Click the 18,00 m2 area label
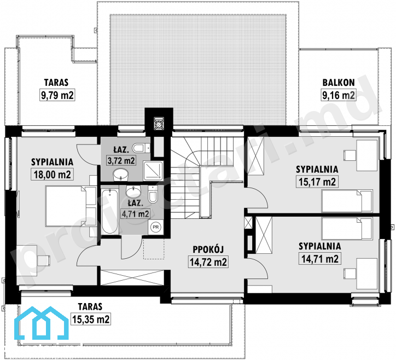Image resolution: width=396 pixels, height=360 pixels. tap(53, 175)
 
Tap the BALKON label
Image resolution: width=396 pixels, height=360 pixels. tap(339, 83)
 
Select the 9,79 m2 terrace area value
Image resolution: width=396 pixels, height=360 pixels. tap(57, 95)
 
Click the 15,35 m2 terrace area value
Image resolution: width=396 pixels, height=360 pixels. tap(91, 319)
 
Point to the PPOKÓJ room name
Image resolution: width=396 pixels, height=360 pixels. tap(208, 249)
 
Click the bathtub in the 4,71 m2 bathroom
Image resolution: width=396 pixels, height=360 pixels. tap(110, 212)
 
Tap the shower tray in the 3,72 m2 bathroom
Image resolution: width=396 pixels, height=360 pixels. tap(153, 171)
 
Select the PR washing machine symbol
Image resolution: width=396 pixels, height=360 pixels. tap(155, 227)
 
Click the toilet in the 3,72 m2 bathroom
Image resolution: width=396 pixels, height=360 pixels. tap(142, 148)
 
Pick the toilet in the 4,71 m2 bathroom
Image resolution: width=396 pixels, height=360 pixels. tap(153, 194)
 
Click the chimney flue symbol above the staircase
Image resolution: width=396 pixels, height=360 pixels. tap(159, 124)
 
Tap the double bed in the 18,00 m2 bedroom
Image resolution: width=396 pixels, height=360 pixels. tap(71, 206)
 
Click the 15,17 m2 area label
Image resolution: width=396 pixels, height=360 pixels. tap(317, 182)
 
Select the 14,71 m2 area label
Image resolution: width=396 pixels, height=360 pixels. tap(320, 259)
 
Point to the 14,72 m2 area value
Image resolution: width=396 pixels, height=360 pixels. tap(208, 262)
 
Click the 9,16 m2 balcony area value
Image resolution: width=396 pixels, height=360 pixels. tap(339, 95)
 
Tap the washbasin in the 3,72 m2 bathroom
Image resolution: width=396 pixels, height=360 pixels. tap(121, 175)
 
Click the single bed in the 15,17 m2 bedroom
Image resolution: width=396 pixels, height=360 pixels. tap(347, 201)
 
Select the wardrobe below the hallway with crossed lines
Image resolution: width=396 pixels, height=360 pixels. tap(132, 277)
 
